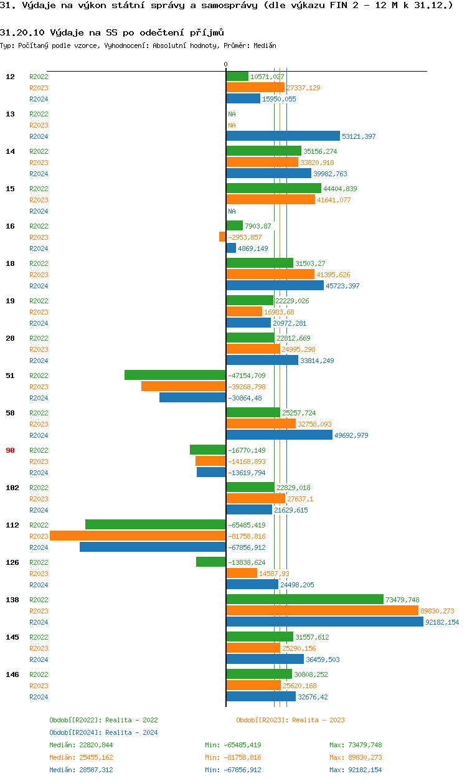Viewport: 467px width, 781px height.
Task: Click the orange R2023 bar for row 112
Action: (138, 536)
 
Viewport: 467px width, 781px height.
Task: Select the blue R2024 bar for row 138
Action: (333, 622)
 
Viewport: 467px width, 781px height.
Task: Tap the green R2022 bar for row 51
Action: (175, 376)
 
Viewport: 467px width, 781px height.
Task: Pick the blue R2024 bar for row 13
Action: (283, 136)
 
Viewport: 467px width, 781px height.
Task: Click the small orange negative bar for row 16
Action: (222, 237)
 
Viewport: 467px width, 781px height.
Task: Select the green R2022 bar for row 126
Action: (211, 562)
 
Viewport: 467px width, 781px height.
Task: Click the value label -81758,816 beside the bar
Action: (247, 536)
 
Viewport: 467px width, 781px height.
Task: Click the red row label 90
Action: (10, 450)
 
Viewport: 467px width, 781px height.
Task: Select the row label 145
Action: (12, 637)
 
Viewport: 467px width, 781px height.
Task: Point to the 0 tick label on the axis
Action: (225, 65)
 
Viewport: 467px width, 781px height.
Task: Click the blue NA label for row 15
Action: (232, 211)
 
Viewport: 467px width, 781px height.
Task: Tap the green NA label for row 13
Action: (232, 114)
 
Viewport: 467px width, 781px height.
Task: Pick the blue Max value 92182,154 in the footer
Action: (364, 770)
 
